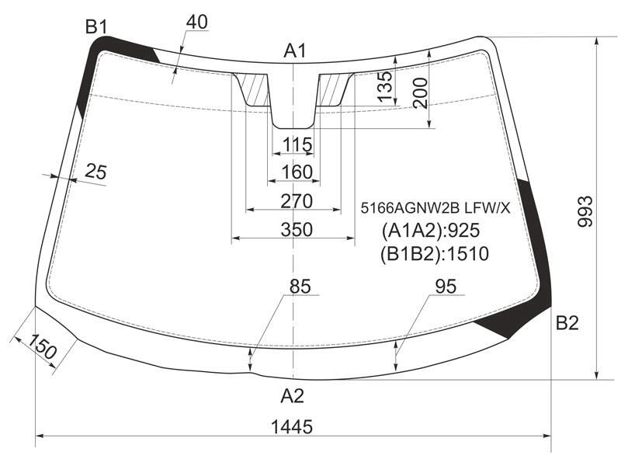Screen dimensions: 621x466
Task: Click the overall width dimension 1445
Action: [292, 426]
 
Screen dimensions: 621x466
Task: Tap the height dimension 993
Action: [585, 211]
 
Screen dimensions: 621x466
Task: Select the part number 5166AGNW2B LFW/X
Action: [435, 207]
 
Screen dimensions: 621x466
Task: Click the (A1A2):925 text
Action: [431, 230]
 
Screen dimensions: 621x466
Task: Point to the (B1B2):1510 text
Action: [435, 254]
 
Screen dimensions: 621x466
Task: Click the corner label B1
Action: [96, 27]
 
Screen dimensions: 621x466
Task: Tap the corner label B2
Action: [567, 323]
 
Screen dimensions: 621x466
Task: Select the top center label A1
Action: [295, 51]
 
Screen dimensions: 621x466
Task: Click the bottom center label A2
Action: [293, 395]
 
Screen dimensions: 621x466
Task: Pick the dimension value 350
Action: [297, 229]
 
